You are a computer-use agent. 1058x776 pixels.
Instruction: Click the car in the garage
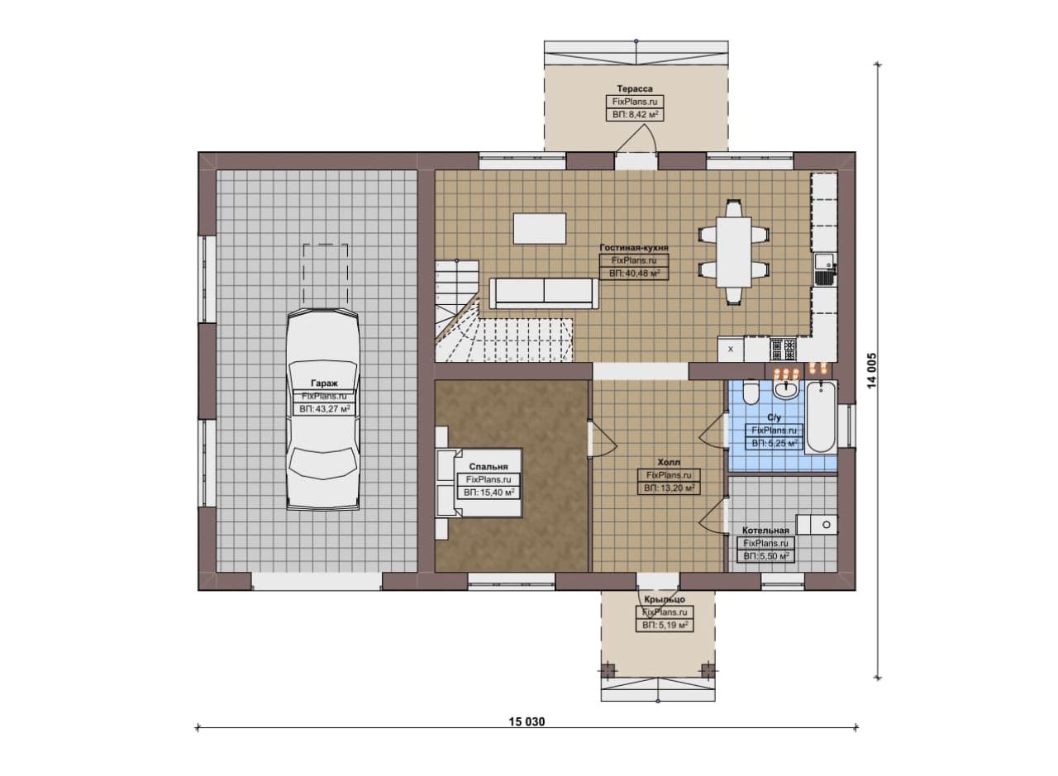point(323,410)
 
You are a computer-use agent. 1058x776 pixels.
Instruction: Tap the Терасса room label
point(635,88)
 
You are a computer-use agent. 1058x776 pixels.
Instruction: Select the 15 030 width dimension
point(527,721)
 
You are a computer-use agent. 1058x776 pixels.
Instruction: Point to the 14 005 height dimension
point(872,371)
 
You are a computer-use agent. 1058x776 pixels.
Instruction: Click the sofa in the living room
point(544,293)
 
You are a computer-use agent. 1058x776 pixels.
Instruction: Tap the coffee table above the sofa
point(540,229)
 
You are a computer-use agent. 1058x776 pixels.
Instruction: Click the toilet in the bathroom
point(750,392)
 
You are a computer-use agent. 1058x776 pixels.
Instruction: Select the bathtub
point(821,417)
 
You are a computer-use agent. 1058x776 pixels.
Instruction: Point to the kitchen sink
point(824,269)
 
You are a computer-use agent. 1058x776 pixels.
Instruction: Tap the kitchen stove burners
point(784,350)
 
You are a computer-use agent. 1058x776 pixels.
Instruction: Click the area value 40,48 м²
point(634,273)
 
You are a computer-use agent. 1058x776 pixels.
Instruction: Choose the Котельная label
point(765,530)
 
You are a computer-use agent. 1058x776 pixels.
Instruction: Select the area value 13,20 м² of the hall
point(669,488)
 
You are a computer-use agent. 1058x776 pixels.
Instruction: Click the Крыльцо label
point(665,599)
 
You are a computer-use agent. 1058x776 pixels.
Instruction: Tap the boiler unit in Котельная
point(817,524)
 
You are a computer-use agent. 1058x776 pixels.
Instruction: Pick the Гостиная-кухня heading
point(634,247)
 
